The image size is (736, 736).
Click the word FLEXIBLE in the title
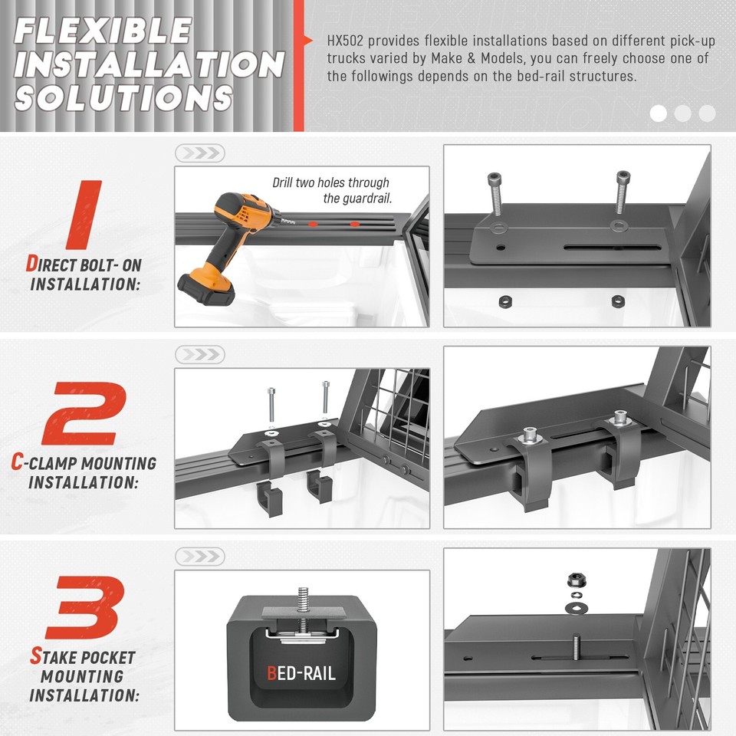pyautogui.click(x=103, y=31)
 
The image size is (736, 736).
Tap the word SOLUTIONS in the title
pyautogui.click(x=123, y=98)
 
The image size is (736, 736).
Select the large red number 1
pyautogui.click(x=84, y=215)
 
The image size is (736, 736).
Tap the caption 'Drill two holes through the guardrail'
pyautogui.click(x=332, y=190)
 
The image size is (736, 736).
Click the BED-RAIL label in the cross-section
pyautogui.click(x=301, y=675)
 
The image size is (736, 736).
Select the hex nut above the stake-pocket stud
pyautogui.click(x=574, y=579)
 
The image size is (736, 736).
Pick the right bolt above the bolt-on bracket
pyautogui.click(x=622, y=193)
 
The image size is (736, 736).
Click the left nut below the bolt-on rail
pyautogui.click(x=504, y=300)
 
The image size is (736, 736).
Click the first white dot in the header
pyautogui.click(x=658, y=113)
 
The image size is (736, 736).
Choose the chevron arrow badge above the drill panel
pyautogui.click(x=199, y=153)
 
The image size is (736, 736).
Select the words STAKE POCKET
pyautogui.click(x=82, y=657)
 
